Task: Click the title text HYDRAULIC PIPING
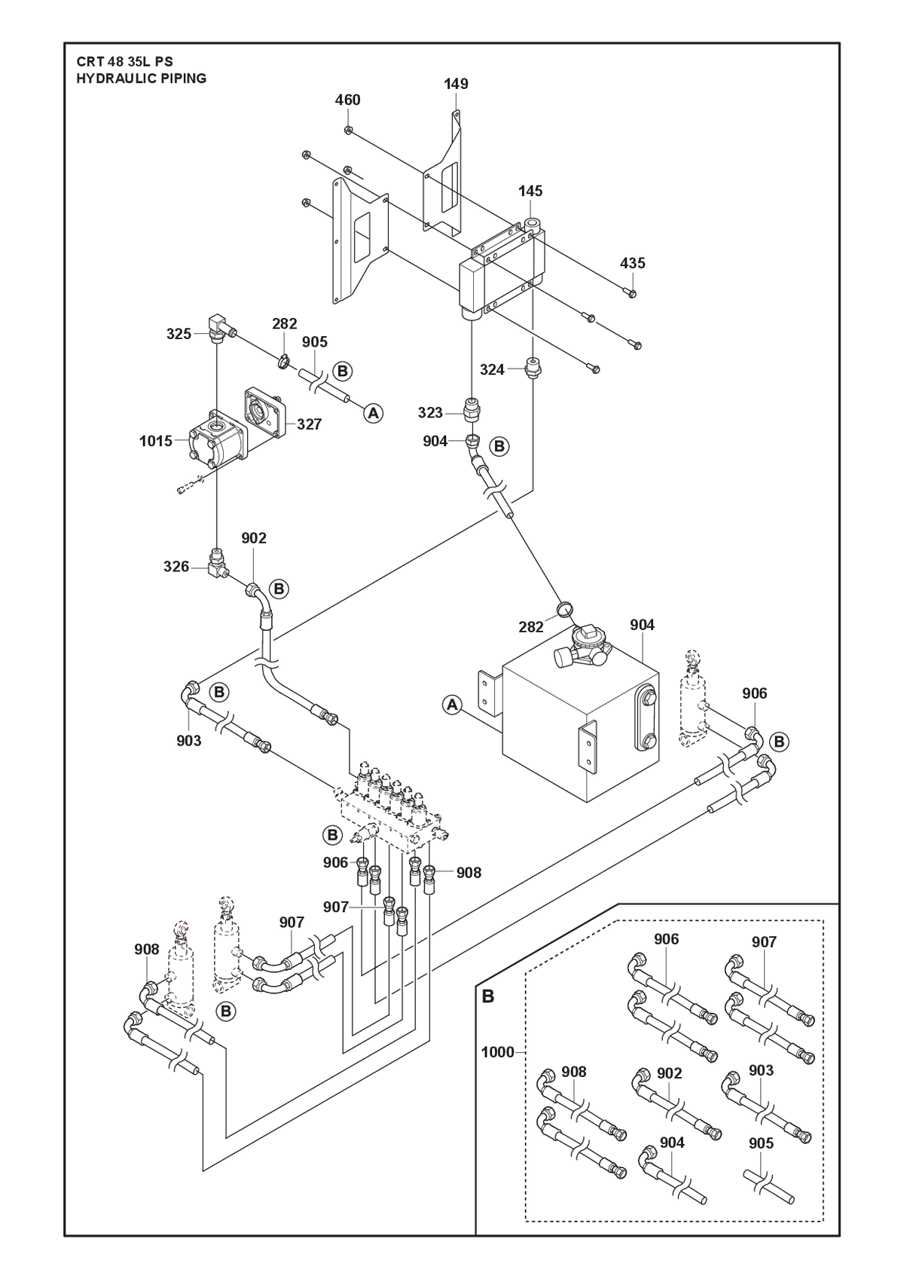tap(142, 78)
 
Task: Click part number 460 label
tap(347, 100)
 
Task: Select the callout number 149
tap(456, 84)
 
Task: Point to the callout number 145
tap(530, 191)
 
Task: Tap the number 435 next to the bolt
tap(632, 263)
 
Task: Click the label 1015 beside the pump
tap(156, 441)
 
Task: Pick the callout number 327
tap(310, 424)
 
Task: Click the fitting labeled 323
tap(472, 409)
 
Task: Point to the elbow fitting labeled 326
tap(218, 562)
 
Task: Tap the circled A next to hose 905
tap(373, 412)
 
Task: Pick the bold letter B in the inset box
tap(488, 997)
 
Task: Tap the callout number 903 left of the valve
tap(189, 741)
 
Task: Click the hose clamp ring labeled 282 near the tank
tap(565, 609)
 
